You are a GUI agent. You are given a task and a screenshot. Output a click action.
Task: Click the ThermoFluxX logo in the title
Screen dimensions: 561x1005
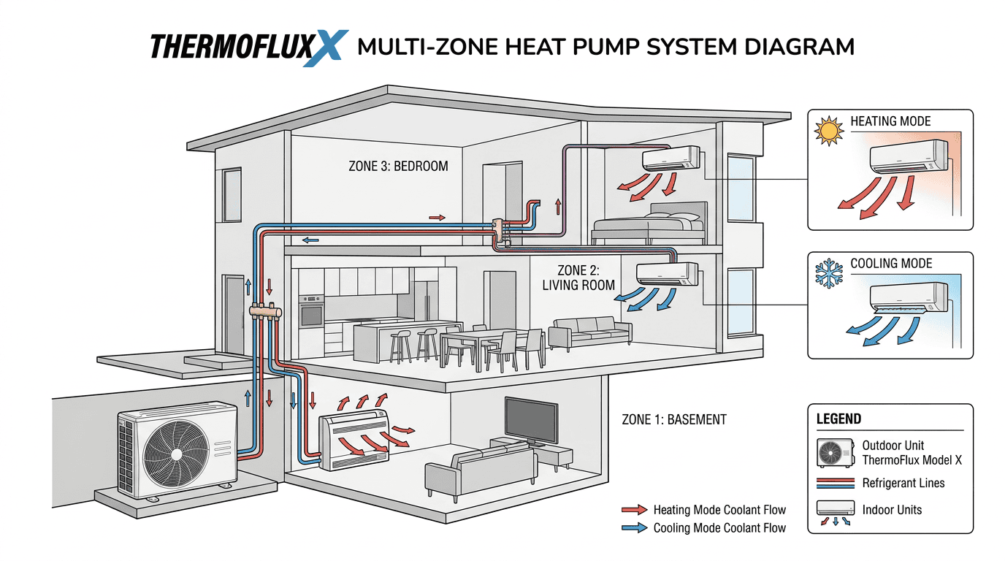click(248, 47)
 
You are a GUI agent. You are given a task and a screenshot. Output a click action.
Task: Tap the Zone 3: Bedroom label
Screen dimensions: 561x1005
click(399, 166)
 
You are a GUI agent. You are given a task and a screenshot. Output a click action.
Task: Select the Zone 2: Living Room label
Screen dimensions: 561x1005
click(578, 278)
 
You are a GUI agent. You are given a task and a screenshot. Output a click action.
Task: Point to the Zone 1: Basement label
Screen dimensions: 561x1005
click(674, 419)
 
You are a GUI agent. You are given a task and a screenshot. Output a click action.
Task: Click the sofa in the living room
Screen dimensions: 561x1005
click(590, 332)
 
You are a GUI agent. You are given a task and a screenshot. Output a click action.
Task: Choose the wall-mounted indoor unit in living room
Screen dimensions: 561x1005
click(666, 273)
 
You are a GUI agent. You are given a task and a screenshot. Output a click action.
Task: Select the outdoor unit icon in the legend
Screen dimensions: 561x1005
click(835, 453)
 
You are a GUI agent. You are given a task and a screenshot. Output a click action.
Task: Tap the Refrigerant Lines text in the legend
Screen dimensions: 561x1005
click(903, 483)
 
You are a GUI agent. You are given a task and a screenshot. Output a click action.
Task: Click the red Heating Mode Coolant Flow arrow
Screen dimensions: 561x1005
click(633, 510)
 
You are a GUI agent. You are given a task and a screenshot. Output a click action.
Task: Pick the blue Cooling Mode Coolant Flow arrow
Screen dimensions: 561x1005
click(633, 527)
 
